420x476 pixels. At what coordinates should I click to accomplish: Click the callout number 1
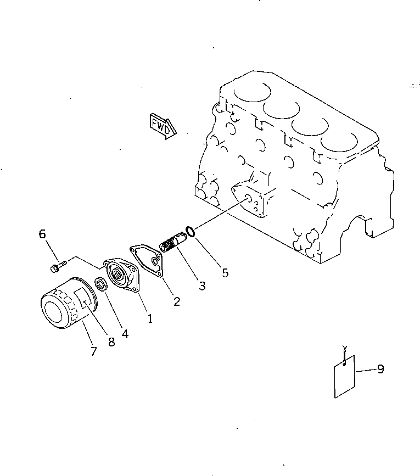point(150,317)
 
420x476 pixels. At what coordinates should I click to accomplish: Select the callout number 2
point(176,301)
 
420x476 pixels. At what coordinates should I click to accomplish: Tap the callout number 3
point(202,285)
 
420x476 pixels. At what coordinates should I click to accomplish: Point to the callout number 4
point(125,333)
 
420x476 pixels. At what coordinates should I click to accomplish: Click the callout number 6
point(42,234)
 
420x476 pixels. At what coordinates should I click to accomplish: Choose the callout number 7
point(94,351)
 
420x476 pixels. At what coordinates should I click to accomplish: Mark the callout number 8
point(112,341)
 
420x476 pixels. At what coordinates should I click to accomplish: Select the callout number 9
point(380,369)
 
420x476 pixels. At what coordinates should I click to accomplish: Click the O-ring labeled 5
point(189,232)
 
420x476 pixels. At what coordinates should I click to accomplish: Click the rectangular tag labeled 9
point(345,376)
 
